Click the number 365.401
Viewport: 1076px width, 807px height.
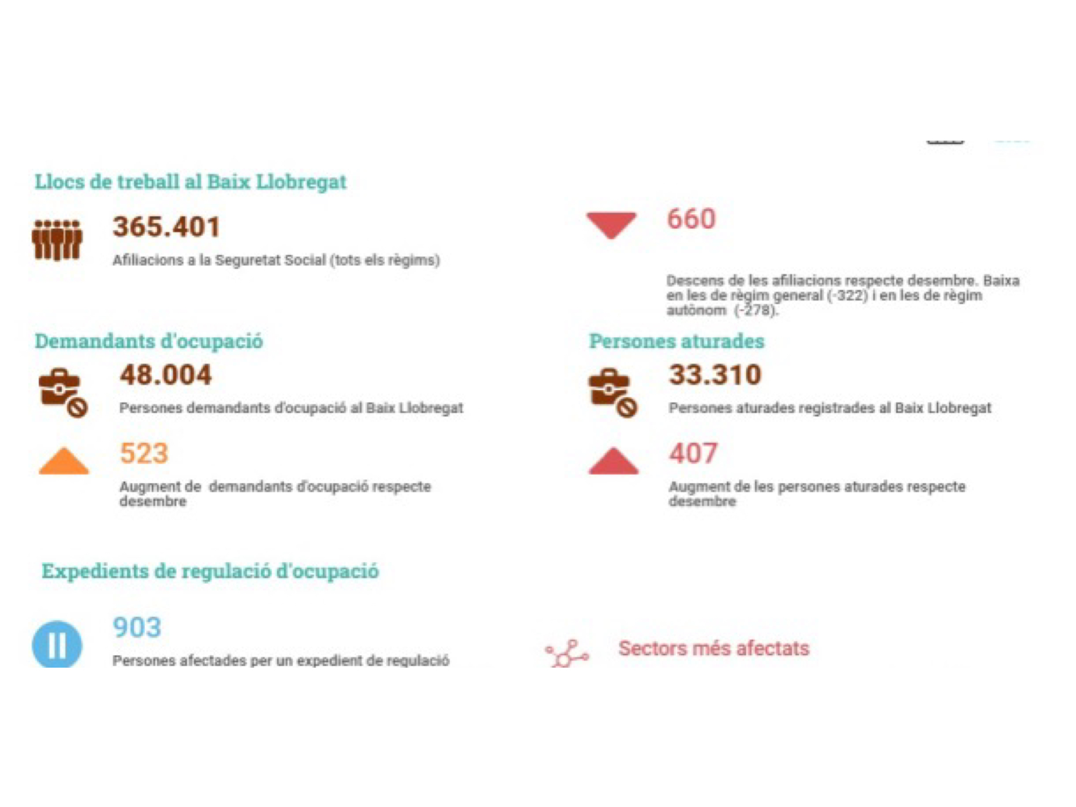(166, 226)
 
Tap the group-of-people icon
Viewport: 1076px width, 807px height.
(57, 240)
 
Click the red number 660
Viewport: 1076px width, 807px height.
(691, 219)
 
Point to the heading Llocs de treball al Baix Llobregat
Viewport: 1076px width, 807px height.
(190, 182)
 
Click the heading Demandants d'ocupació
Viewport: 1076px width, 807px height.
(149, 341)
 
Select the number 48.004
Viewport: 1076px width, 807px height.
(166, 375)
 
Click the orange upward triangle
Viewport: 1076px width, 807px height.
(63, 462)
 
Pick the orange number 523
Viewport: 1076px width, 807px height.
(144, 453)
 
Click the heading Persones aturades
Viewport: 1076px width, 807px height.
(676, 341)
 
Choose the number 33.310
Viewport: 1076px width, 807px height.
(715, 375)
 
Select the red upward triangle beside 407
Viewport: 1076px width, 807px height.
(613, 462)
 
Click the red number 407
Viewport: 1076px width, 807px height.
(693, 453)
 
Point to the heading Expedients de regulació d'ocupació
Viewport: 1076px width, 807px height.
(210, 571)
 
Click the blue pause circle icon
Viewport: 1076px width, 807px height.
(57, 645)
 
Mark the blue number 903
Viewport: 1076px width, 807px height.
(137, 627)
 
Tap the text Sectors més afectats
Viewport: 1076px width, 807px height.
(713, 648)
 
